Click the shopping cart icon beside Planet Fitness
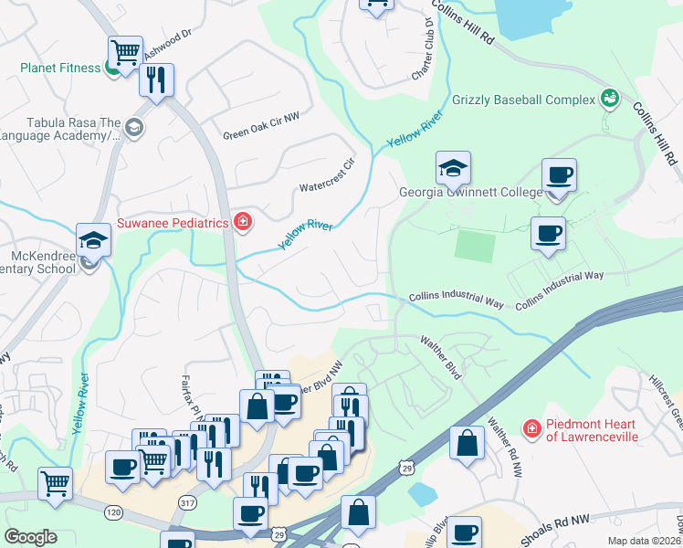click(124, 50)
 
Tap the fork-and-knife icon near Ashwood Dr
click(156, 79)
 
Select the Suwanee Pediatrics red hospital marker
click(242, 222)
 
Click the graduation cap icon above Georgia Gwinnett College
click(453, 168)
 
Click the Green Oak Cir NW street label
click(261, 135)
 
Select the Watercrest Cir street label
click(327, 178)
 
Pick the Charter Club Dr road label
click(422, 47)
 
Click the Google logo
click(30, 537)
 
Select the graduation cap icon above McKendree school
click(93, 240)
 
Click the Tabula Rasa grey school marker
click(134, 126)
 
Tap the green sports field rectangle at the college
click(475, 245)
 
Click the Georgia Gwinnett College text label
click(470, 193)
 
